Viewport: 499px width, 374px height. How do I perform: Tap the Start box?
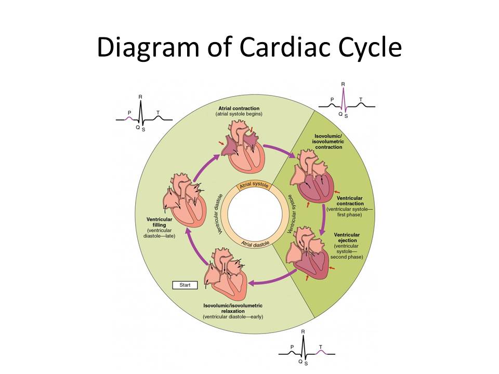pos(185,285)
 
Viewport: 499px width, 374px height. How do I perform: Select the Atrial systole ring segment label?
pos(252,185)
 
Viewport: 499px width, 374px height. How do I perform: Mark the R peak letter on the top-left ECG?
pos(140,97)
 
